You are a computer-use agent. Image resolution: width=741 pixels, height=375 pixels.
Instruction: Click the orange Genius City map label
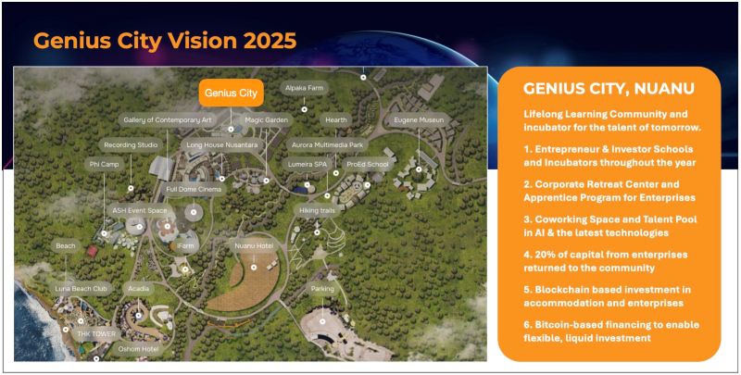[231, 92]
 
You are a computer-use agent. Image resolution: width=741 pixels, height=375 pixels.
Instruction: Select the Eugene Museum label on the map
[419, 120]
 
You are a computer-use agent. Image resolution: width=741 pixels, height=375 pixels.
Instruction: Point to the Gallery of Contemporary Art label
[168, 120]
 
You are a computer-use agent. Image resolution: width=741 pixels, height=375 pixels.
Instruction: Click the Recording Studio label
[131, 145]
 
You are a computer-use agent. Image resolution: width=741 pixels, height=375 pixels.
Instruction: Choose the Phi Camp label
[104, 165]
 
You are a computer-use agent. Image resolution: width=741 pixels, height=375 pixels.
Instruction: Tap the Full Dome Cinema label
[193, 190]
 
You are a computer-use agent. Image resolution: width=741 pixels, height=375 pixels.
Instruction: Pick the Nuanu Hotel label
[253, 246]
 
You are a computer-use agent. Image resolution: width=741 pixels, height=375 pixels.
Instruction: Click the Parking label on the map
[322, 289]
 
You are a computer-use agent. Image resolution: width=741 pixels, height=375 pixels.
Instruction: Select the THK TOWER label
[96, 334]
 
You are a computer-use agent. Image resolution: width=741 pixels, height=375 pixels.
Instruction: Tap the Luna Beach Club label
[82, 289]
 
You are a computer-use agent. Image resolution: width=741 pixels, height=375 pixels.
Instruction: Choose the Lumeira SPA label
[306, 165]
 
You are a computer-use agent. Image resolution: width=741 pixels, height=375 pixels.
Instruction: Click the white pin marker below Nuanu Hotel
[254, 268]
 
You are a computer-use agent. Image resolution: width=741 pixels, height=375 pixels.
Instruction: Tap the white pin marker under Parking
[322, 321]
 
